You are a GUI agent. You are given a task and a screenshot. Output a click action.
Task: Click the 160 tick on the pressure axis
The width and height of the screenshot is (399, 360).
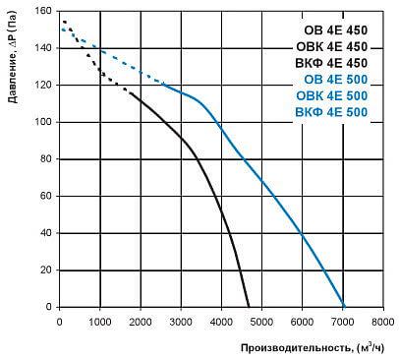pos(44,12)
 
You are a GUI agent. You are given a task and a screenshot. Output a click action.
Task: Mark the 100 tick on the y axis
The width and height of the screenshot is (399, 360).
pos(44,122)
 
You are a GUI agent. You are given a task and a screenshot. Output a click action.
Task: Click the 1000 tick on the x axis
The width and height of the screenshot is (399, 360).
pos(100,320)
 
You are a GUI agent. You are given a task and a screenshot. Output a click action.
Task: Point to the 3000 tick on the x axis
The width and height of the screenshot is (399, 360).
pos(181,320)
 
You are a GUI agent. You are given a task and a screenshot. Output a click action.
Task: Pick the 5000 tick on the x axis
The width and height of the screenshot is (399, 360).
pos(261,320)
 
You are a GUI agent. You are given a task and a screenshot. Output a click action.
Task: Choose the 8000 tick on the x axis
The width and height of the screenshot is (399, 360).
pos(382,320)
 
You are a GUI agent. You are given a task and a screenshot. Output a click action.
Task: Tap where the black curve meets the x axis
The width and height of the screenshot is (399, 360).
pos(250,306)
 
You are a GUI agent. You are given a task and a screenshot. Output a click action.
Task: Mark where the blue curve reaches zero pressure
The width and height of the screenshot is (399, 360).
pos(344,306)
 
